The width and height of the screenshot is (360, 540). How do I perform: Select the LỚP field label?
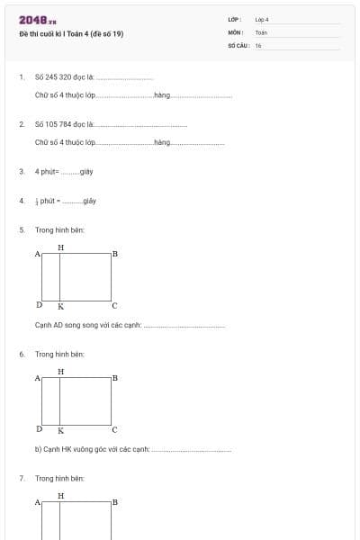[x=235, y=19]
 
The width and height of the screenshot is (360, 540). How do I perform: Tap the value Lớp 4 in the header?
[x=262, y=19]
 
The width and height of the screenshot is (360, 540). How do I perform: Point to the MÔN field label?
[x=236, y=31]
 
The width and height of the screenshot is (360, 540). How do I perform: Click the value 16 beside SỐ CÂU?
[x=258, y=45]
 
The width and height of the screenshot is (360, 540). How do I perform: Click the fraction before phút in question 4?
[x=37, y=201]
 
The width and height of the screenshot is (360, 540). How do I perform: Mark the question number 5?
[x=22, y=230]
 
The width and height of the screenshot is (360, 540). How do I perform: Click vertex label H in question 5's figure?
[x=60, y=247]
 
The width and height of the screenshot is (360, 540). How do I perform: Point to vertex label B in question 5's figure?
[x=115, y=255]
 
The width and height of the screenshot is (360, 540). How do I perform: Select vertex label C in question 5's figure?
[x=114, y=306]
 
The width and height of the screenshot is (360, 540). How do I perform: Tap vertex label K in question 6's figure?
[x=60, y=430]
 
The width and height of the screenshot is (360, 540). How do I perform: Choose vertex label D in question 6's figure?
[x=39, y=429]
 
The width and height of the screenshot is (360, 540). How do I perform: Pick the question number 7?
[x=22, y=478]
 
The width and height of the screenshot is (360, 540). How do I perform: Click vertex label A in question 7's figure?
[x=38, y=502]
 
